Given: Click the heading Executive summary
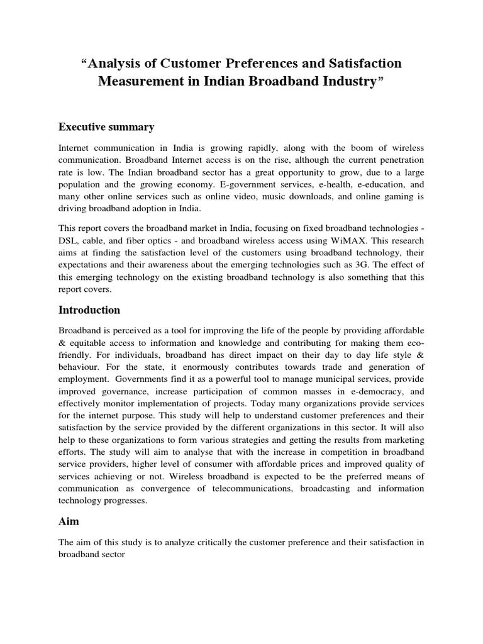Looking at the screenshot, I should [106, 127].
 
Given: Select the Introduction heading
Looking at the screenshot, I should [89, 310].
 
